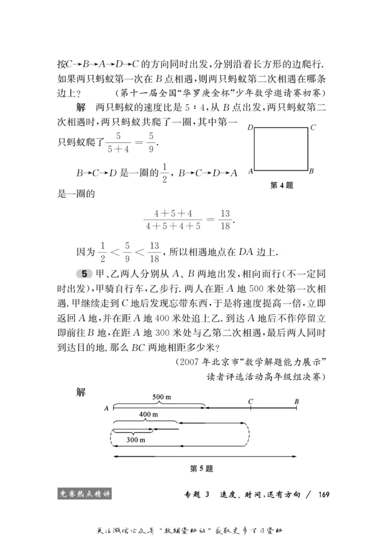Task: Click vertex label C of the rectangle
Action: pos(313,127)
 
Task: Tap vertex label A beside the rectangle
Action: pos(250,170)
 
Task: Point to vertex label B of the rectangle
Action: pos(311,171)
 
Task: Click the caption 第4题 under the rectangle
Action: pos(282,186)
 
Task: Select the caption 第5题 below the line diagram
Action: pos(201,469)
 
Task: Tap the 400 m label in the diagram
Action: pos(148,414)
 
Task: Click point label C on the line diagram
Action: pos(250,401)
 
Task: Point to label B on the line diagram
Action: pos(297,401)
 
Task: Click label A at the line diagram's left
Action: pos(106,408)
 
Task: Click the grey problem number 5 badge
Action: pos(84,274)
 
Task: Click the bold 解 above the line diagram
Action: pos(81,392)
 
